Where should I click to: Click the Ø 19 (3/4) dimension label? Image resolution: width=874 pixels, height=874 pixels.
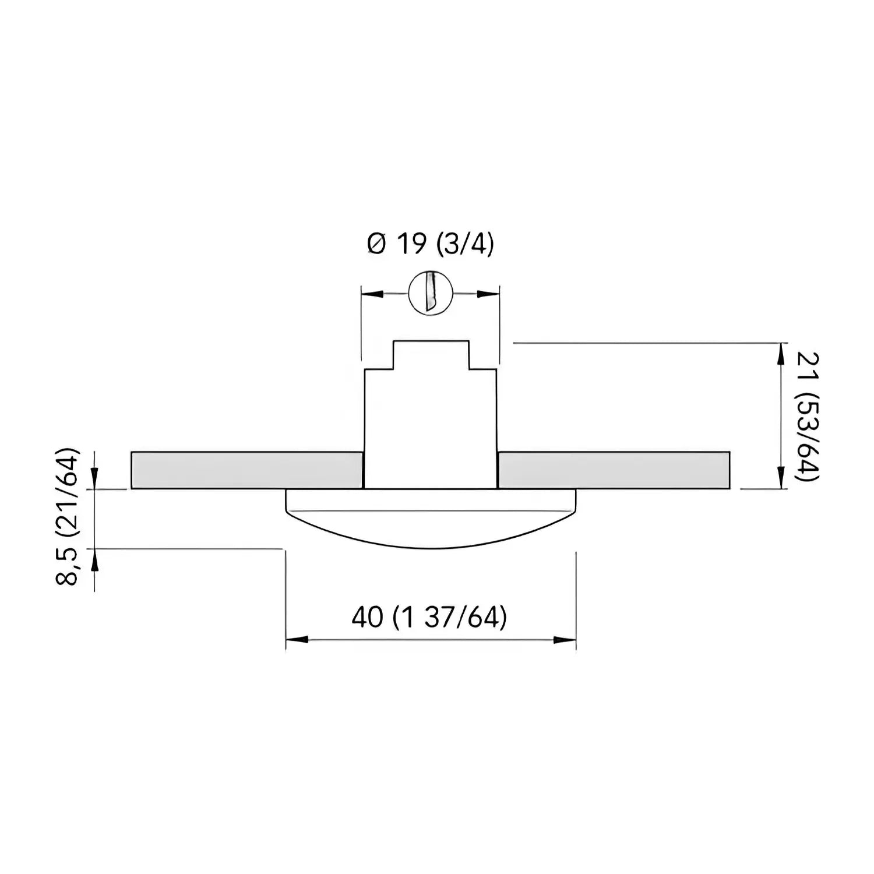click(x=431, y=245)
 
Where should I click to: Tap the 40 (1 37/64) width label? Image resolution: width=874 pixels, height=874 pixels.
click(x=429, y=617)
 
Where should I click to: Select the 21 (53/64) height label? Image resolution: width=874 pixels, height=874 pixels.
click(x=806, y=417)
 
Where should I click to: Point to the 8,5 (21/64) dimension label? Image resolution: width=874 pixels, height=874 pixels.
click(x=68, y=516)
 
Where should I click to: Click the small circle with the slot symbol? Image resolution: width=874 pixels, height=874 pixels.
click(x=431, y=293)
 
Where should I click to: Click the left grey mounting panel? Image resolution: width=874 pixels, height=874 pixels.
click(x=247, y=470)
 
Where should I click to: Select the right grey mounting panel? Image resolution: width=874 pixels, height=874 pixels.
click(x=614, y=470)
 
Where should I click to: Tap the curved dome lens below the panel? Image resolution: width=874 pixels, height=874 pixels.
click(x=431, y=519)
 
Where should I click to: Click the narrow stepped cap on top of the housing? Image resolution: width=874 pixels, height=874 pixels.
click(x=431, y=354)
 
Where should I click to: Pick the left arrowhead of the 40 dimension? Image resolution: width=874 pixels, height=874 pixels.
click(x=297, y=640)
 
